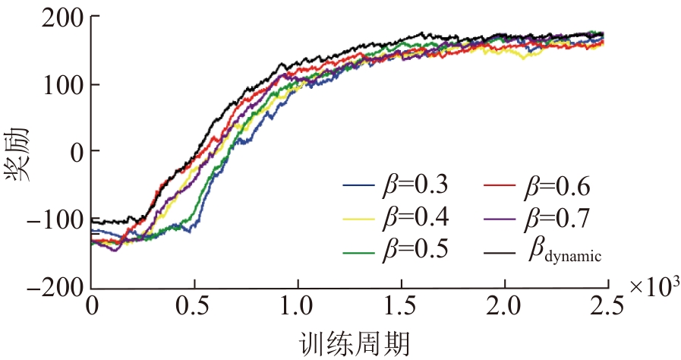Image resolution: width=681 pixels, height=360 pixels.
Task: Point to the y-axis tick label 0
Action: tap(74, 152)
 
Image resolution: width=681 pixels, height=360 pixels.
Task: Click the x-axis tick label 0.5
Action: tap(195, 308)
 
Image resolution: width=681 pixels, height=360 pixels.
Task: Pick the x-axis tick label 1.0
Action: tap(298, 308)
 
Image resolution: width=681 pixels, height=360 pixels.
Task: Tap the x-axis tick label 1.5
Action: tap(401, 308)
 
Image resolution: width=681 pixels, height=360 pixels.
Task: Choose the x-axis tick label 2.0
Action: tap(504, 308)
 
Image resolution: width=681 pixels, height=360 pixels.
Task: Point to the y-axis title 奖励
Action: tap(20, 152)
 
